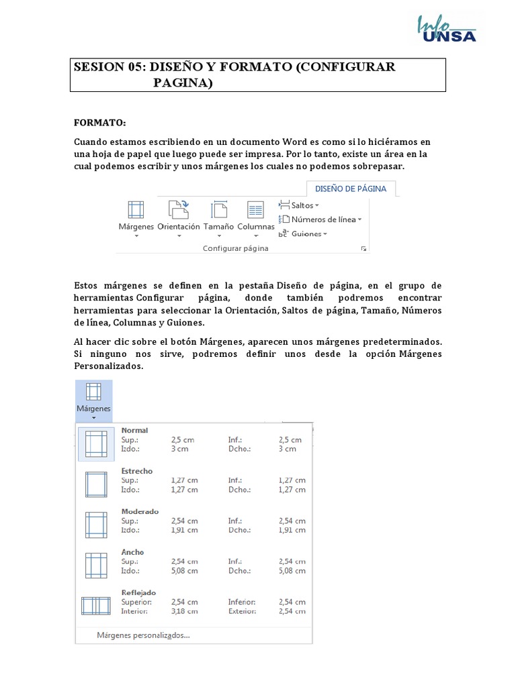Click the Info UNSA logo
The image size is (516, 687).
447,29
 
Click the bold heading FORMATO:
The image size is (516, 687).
99,123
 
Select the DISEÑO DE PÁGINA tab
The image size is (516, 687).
351,189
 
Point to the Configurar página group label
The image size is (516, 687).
235,248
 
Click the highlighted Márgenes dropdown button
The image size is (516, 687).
93,400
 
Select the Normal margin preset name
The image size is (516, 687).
134,430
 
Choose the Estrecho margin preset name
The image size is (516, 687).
136,471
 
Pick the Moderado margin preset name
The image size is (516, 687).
140,511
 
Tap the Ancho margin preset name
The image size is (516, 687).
132,552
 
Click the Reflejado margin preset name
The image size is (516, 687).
138,592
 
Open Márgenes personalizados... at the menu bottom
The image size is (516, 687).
143,635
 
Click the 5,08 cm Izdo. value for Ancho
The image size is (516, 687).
184,571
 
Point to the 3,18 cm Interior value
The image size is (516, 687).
184,611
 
